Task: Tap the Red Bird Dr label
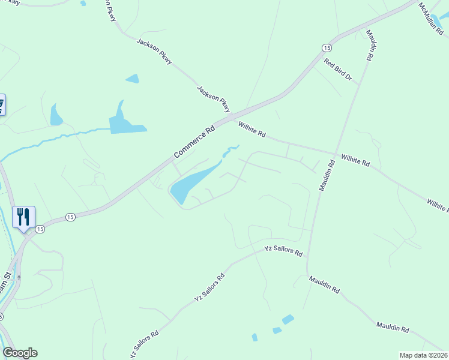(x=337, y=70)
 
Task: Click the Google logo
(x=20, y=353)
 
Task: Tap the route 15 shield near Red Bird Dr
(x=326, y=47)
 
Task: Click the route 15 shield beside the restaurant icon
(x=40, y=229)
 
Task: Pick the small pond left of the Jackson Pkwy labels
(x=132, y=79)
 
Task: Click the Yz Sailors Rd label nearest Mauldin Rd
(x=283, y=250)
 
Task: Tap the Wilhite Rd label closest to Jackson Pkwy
(x=252, y=130)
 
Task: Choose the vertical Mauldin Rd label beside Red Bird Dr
(x=369, y=44)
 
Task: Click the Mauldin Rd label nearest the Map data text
(x=393, y=327)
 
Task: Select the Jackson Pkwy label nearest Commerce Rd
(x=214, y=98)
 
